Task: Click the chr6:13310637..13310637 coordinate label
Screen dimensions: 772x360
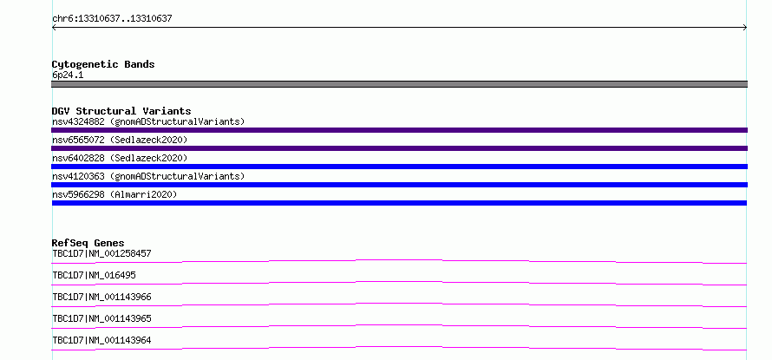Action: (x=112, y=19)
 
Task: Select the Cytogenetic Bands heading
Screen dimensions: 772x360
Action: (x=103, y=64)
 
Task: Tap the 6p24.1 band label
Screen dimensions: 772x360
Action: (x=68, y=75)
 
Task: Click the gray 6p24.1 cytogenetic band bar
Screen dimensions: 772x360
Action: (x=399, y=84)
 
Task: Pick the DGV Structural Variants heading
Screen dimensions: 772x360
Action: (x=121, y=111)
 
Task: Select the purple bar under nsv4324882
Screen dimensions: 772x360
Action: (x=399, y=130)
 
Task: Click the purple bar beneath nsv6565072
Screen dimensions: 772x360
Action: (x=399, y=148)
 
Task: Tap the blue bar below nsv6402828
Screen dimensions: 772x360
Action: (x=399, y=167)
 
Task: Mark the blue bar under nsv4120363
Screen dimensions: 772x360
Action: (x=399, y=185)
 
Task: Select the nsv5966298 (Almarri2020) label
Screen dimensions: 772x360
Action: (x=114, y=194)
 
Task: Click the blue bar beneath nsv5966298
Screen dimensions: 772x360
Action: (x=399, y=203)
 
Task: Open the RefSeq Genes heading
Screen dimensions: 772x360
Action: (x=88, y=243)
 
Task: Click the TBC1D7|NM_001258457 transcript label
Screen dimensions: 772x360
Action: (x=101, y=253)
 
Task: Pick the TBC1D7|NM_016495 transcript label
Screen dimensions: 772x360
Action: (x=94, y=275)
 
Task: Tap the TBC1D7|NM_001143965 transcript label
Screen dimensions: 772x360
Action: (x=101, y=318)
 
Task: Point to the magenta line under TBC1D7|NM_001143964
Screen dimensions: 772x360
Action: (x=399, y=347)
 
